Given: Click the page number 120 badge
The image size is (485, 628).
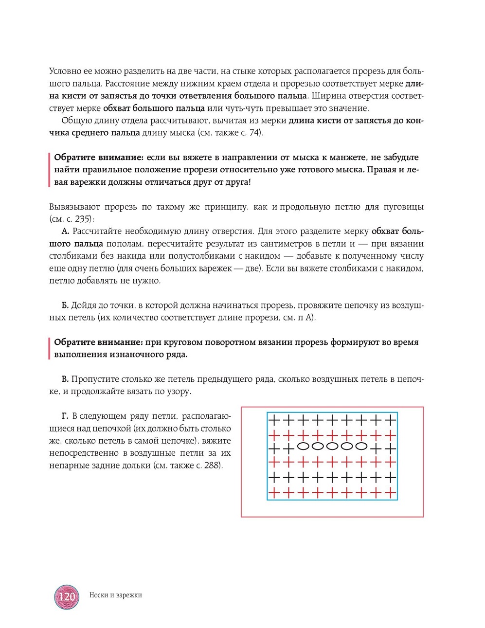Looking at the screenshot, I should (x=67, y=597).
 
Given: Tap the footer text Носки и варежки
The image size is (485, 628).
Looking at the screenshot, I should (x=115, y=595).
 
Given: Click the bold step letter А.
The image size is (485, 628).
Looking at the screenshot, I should (x=65, y=232).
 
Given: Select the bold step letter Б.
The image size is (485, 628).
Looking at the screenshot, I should (x=65, y=305).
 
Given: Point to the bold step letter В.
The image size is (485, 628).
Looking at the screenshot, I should (x=65, y=379).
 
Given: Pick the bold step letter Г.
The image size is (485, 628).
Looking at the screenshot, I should (x=65, y=416).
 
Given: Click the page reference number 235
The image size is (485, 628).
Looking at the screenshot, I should (x=83, y=219).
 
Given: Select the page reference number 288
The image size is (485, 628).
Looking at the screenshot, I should (x=212, y=466).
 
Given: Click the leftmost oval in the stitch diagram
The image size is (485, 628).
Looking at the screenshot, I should (x=303, y=446).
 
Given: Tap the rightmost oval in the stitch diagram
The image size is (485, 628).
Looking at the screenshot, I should (x=361, y=446).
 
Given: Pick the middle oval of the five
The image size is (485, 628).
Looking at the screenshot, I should (x=332, y=446).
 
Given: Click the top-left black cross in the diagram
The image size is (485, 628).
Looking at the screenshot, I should (x=274, y=420).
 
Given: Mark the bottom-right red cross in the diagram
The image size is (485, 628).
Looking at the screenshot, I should (x=391, y=493).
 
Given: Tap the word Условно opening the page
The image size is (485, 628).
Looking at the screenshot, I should (x=65, y=72).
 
